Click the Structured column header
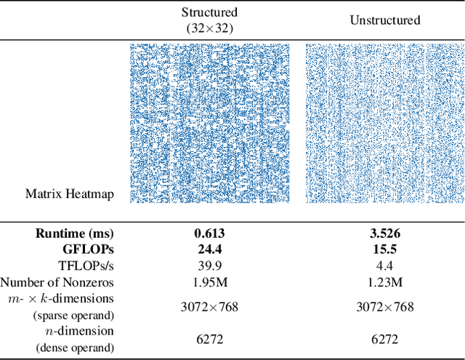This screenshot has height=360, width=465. pyautogui.click(x=209, y=12)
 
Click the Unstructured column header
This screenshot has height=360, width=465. pyautogui.click(x=385, y=20)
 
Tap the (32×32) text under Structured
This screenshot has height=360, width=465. pyautogui.click(x=209, y=28)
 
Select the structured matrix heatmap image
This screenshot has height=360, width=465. pyautogui.click(x=209, y=124)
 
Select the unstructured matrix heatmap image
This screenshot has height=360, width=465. pyautogui.click(x=385, y=124)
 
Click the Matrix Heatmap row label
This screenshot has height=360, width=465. pyautogui.click(x=70, y=193)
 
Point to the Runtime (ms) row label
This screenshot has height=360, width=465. pyautogui.click(x=75, y=233)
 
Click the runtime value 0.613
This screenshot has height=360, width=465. pyautogui.click(x=209, y=233)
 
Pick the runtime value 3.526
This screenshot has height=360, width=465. pyautogui.click(x=385, y=233)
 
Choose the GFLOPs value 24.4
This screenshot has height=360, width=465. pyautogui.click(x=209, y=249)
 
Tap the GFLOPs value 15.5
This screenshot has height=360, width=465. pyautogui.click(x=385, y=249)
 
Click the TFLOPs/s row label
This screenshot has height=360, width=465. pyautogui.click(x=84, y=265)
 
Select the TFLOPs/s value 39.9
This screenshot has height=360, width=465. pyautogui.click(x=209, y=265)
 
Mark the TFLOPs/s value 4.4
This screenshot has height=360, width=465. pyautogui.click(x=385, y=265)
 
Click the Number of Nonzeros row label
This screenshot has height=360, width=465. pyautogui.click(x=57, y=282)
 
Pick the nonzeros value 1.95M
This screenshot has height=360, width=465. pyautogui.click(x=209, y=282)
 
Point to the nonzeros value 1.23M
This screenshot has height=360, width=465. pyautogui.click(x=385, y=282)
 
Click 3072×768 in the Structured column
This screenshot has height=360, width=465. pyautogui.click(x=209, y=307)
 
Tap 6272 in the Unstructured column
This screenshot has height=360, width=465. pyautogui.click(x=385, y=339)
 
